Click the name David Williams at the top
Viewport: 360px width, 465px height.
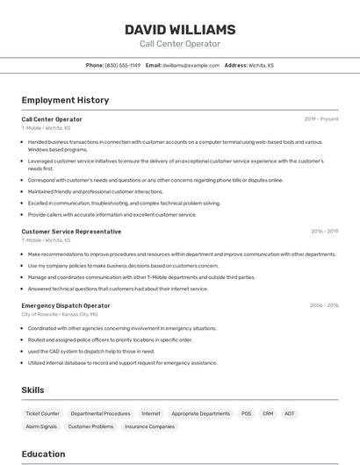pyautogui.click(x=180, y=29)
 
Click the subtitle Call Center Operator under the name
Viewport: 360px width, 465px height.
pyautogui.click(x=180, y=44)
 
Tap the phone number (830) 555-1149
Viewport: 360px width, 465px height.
pyautogui.click(x=122, y=65)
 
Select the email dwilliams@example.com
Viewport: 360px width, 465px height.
pyautogui.click(x=191, y=65)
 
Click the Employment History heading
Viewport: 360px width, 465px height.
pyautogui.click(x=65, y=100)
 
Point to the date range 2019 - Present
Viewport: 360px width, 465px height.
pyautogui.click(x=320, y=118)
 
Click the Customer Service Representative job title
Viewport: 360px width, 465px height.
pyautogui.click(x=71, y=232)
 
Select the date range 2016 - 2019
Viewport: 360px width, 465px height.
pyautogui.click(x=324, y=232)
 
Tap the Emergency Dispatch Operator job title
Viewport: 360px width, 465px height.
pyautogui.click(x=66, y=305)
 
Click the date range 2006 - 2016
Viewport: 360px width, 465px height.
pyautogui.click(x=324, y=305)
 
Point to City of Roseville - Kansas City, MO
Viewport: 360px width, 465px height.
pyautogui.click(x=60, y=314)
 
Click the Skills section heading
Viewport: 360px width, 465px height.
pyautogui.click(x=32, y=390)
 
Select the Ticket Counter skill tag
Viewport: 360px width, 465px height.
pyautogui.click(x=43, y=413)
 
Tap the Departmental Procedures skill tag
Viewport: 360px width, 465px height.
pyautogui.click(x=100, y=413)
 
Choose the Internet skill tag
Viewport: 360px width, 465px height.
pyautogui.click(x=151, y=413)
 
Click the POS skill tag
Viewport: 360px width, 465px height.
pyautogui.click(x=246, y=413)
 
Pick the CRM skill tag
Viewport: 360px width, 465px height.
pyautogui.click(x=268, y=413)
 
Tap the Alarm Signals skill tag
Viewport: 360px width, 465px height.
pyautogui.click(x=41, y=426)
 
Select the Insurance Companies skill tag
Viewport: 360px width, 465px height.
pyautogui.click(x=149, y=426)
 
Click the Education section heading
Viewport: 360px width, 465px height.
pyautogui.click(x=43, y=454)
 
